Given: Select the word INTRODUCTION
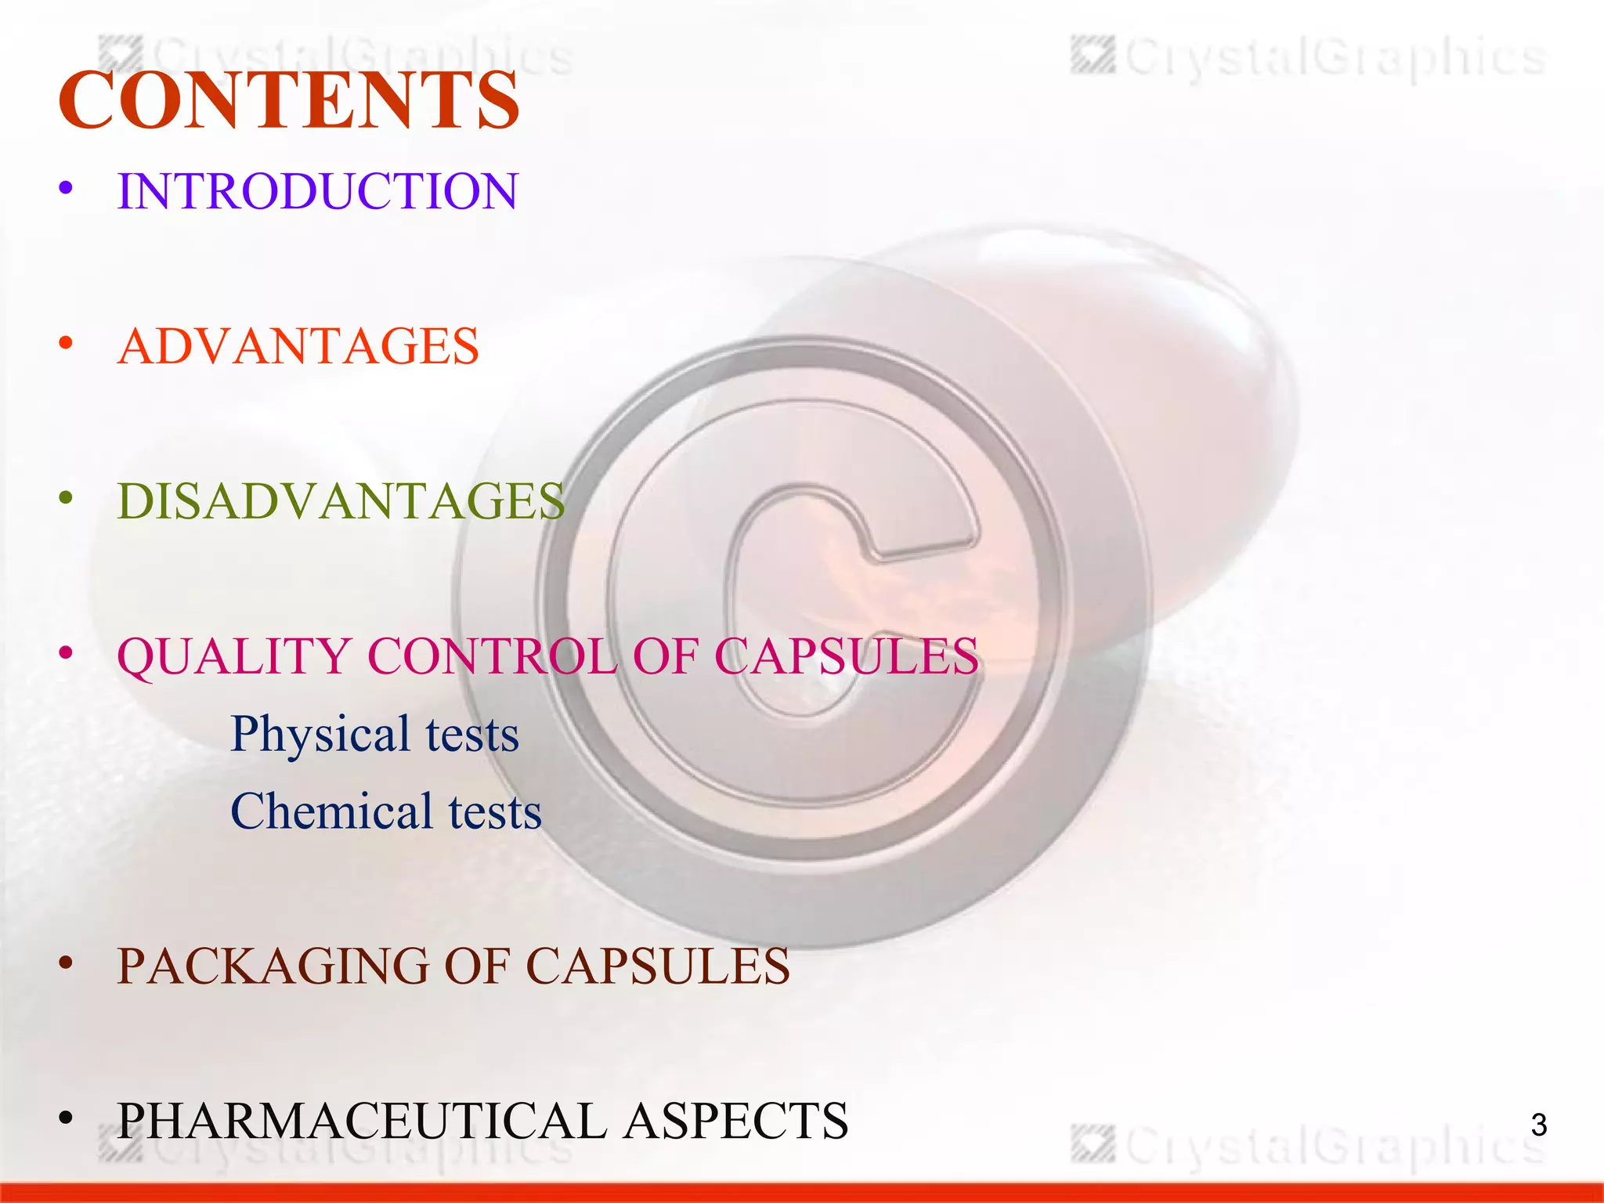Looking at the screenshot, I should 317,191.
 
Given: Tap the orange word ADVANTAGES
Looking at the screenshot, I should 298,346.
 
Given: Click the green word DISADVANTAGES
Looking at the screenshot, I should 341,501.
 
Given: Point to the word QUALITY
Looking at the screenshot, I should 233,656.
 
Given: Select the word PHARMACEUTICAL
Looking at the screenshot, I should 361,1121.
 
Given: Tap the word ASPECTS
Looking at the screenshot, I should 736,1121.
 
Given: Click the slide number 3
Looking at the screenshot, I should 1538,1125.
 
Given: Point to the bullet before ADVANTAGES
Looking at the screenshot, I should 66,344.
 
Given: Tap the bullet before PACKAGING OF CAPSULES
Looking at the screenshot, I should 66,964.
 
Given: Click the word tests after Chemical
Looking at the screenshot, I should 495,811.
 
